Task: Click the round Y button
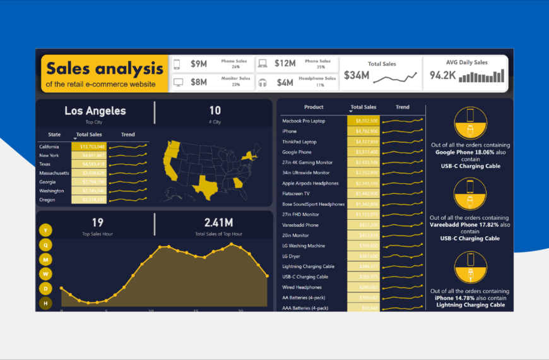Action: click(x=46, y=231)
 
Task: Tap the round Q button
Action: click(x=46, y=245)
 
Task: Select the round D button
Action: click(x=46, y=289)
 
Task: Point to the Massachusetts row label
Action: click(x=54, y=172)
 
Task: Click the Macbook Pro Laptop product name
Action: click(x=304, y=121)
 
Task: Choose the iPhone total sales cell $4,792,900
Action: click(x=363, y=131)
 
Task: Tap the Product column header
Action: click(x=314, y=107)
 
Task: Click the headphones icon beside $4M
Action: click(x=263, y=82)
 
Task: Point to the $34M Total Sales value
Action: click(x=356, y=76)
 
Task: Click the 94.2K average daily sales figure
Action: click(x=443, y=76)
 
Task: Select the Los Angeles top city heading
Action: click(x=95, y=111)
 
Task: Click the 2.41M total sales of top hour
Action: click(x=218, y=222)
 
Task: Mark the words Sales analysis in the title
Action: click(x=104, y=68)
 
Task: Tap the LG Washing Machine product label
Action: click(x=304, y=246)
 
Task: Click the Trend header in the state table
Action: click(x=127, y=135)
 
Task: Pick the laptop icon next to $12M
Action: click(x=263, y=63)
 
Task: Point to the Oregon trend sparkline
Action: click(x=128, y=200)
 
